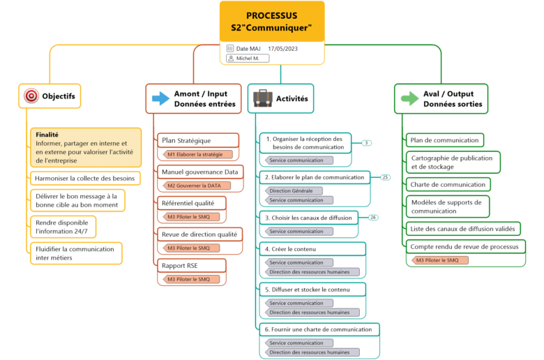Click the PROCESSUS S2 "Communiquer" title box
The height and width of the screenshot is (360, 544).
[x=272, y=21]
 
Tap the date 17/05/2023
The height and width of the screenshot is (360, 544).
[x=282, y=49]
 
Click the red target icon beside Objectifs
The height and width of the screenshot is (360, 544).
[x=31, y=96]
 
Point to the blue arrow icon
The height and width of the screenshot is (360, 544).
[x=161, y=98]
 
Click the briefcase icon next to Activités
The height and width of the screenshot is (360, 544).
[x=263, y=98]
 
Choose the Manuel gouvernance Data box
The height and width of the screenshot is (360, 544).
[x=199, y=172]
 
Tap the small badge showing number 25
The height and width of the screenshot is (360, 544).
[x=385, y=177]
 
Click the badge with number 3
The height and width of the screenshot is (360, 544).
[x=367, y=143]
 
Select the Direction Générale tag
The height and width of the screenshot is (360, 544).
[x=295, y=190]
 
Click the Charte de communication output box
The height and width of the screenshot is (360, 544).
[x=448, y=184]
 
